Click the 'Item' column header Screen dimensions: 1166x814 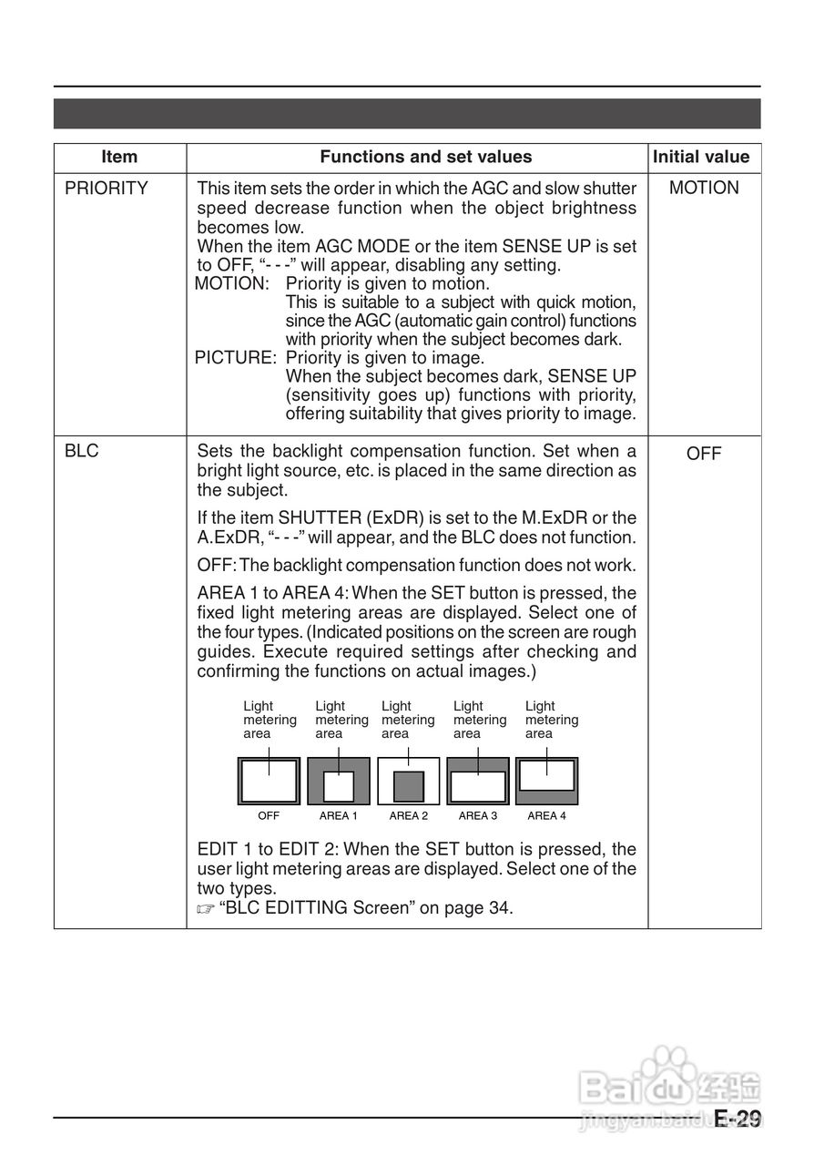click(119, 157)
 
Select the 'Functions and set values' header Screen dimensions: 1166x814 click(425, 157)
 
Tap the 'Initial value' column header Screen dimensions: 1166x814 click(701, 157)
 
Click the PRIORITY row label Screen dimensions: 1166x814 click(107, 189)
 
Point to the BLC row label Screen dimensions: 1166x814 click(82, 452)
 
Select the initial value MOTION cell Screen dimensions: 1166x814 click(704, 189)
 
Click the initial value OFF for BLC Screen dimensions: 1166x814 click(704, 454)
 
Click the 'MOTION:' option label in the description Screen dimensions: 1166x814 click(232, 283)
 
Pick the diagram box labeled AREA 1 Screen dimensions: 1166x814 click(339, 781)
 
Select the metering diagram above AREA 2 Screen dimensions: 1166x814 click(409, 781)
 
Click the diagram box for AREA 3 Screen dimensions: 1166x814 click(478, 781)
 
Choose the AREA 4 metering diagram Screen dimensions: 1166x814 click(546, 781)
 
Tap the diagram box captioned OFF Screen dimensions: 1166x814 click(269, 781)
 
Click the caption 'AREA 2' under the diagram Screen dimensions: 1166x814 click(409, 816)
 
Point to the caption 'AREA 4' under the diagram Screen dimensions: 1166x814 click(546, 816)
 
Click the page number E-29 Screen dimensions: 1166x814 click(738, 1120)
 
